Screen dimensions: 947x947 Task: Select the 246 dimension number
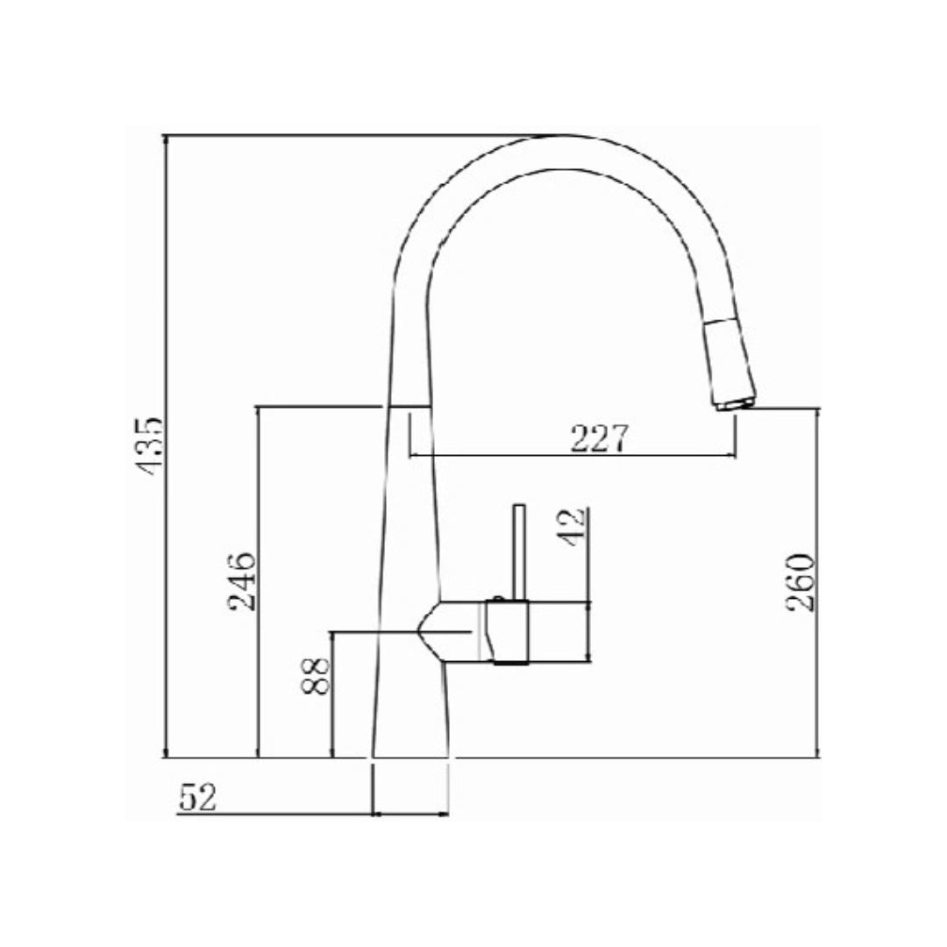[240, 581]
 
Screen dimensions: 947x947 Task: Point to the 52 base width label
[197, 797]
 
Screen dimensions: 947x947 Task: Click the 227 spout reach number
[600, 438]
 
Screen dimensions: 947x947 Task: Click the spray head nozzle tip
[735, 402]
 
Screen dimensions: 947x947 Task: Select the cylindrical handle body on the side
[509, 631]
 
